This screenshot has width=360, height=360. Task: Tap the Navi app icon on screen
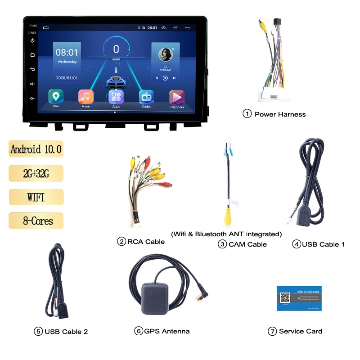tap(56, 97)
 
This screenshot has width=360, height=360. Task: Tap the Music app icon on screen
tap(86, 97)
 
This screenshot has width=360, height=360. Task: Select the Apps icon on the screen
tap(116, 97)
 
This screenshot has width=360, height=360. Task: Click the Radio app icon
tap(146, 97)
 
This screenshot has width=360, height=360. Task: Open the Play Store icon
tap(177, 97)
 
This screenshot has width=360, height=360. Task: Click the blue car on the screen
tap(116, 82)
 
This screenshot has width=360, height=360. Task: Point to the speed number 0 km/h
tap(116, 49)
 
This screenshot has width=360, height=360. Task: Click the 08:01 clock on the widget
tap(67, 53)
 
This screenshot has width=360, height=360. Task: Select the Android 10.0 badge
tap(36, 149)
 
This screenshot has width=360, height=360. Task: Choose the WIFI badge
tap(36, 197)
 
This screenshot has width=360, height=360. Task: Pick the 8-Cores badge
tap(36, 221)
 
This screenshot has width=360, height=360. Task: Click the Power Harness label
tap(280, 114)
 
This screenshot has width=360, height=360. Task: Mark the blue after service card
tap(299, 298)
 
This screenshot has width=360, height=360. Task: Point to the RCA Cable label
tap(146, 242)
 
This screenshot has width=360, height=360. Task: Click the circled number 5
tap(38, 332)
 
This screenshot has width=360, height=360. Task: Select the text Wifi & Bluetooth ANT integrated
tap(226, 234)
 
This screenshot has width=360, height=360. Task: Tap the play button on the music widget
tap(165, 78)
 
